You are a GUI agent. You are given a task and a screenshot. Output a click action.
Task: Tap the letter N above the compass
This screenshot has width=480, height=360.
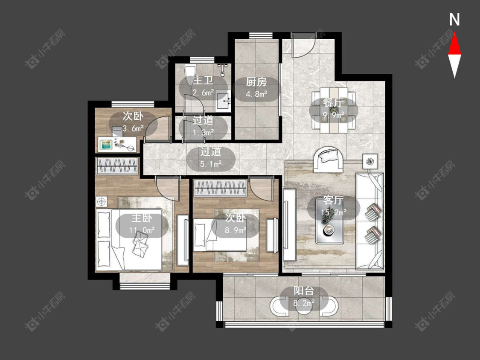click(x=454, y=20)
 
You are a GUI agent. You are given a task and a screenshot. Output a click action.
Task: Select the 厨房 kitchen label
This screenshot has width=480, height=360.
click(x=256, y=82)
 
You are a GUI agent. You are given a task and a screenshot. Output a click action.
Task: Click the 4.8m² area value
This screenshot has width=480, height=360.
click(x=256, y=94)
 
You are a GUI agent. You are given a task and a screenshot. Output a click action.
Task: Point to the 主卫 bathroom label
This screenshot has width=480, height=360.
click(x=203, y=81)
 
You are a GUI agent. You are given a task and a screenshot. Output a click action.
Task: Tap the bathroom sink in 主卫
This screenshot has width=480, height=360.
click(x=224, y=101)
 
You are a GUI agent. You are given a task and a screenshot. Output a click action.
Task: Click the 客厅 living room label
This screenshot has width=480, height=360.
click(x=333, y=200)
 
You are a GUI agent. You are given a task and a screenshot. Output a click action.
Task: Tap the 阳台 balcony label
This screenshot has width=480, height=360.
click(x=304, y=290)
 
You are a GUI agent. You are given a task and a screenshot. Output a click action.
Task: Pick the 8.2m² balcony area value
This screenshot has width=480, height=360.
click(x=304, y=303)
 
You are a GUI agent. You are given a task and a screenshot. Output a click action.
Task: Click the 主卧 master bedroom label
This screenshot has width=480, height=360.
click(x=142, y=218)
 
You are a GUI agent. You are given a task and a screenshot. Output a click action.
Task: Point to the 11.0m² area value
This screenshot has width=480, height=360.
click(x=142, y=229)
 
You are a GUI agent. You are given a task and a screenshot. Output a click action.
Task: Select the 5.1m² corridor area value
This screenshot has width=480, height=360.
click(x=211, y=164)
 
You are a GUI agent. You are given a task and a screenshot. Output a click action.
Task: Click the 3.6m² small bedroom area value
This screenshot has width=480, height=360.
click(x=133, y=128)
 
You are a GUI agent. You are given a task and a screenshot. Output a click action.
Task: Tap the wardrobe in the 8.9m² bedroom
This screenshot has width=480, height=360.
click(x=220, y=188)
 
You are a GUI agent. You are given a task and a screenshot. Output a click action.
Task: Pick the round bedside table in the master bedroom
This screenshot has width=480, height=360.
click(x=101, y=202)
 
